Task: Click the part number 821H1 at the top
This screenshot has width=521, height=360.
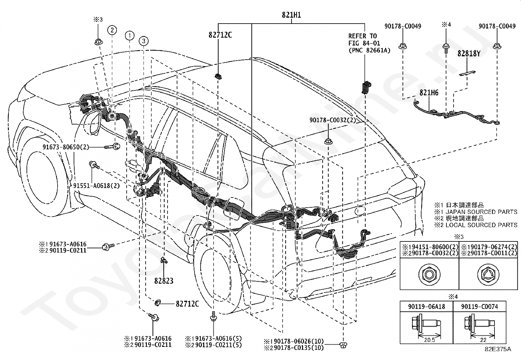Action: (x=291, y=15)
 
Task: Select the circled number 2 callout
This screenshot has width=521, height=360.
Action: (x=112, y=30)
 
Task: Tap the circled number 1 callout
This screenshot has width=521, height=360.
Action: (x=130, y=36)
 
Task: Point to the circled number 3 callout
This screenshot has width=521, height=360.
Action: (x=144, y=41)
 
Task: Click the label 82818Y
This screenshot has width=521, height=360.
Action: (x=469, y=53)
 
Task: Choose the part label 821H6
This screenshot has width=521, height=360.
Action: (x=429, y=93)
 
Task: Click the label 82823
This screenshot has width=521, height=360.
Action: (x=164, y=281)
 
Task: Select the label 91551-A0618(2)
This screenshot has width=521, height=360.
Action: (x=96, y=186)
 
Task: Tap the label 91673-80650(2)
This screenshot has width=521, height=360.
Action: (x=65, y=147)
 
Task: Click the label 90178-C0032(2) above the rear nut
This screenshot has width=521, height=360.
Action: (x=332, y=120)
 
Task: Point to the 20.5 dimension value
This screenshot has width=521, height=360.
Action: (x=429, y=340)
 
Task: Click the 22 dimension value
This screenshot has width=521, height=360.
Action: (x=483, y=340)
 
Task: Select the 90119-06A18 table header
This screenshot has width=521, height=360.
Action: (x=426, y=307)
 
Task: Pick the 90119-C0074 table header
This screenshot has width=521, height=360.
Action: (x=479, y=307)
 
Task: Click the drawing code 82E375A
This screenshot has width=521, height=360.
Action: (x=498, y=349)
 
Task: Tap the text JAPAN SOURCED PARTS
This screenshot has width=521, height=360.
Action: (x=481, y=212)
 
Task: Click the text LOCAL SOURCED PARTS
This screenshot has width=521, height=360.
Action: (x=481, y=225)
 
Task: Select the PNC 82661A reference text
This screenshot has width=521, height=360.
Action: (x=369, y=50)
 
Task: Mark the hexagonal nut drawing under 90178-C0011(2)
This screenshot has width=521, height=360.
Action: (x=488, y=274)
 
